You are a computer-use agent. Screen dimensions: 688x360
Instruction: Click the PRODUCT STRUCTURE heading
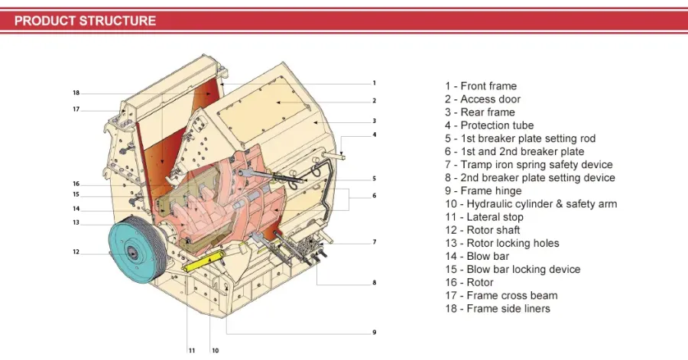point(85,21)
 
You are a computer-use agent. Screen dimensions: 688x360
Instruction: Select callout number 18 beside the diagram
point(76,93)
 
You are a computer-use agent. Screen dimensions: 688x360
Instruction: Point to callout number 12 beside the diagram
point(76,252)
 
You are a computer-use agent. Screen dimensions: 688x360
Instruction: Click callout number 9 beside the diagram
point(375,332)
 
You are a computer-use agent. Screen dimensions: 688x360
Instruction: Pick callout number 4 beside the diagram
point(375,135)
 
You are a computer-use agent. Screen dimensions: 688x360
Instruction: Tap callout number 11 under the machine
point(192,351)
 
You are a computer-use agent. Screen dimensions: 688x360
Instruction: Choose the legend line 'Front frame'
point(481,86)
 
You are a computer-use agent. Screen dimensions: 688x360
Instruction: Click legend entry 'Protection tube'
point(489,125)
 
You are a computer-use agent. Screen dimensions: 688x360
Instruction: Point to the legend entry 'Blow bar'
point(477,257)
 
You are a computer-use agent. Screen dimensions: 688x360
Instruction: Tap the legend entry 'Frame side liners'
point(498,309)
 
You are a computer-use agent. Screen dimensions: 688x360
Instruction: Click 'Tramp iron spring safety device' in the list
point(529,165)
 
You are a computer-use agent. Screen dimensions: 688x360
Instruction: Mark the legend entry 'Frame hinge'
point(484,191)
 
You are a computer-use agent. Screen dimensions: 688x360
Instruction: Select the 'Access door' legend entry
point(482,99)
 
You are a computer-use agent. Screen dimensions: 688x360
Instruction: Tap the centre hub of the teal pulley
point(131,252)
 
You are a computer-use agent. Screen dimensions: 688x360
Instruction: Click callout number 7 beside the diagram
point(375,242)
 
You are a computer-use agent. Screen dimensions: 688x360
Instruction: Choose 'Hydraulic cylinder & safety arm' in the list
point(531,204)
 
